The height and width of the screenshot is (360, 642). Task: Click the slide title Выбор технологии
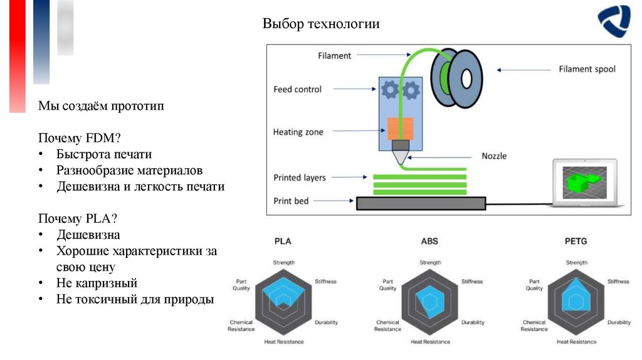click(321, 24)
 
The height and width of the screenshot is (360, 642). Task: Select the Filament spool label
click(587, 69)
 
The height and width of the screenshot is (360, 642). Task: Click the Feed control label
click(297, 89)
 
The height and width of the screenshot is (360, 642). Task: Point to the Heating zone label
click(298, 132)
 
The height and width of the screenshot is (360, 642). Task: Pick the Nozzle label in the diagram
click(494, 156)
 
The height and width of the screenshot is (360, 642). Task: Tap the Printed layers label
click(300, 177)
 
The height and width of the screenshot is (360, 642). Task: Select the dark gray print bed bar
click(421, 203)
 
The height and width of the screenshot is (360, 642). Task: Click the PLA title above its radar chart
click(283, 241)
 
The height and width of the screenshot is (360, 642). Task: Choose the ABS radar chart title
click(429, 241)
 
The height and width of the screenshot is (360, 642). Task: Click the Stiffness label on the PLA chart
click(325, 282)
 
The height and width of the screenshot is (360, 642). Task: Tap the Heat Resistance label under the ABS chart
click(429, 342)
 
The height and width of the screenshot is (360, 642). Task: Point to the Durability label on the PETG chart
click(619, 322)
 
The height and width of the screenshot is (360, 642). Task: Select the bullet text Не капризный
click(97, 283)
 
